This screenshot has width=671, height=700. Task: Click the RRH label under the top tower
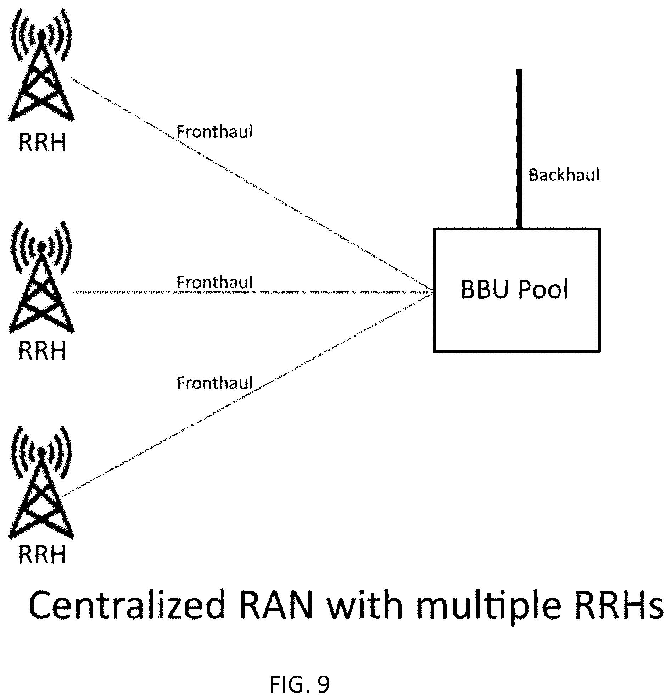coord(43,143)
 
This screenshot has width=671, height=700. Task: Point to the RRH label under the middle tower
coord(43,351)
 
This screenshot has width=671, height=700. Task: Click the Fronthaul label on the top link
coord(214,132)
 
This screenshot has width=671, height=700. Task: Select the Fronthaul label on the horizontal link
coord(214,282)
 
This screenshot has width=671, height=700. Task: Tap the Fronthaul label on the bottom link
coord(214,383)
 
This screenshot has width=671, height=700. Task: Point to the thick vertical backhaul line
coord(520,149)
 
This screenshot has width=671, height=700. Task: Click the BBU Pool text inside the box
coord(514,289)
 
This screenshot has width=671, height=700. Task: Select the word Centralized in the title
coord(127,605)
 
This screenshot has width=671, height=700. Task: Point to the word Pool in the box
coord(543,289)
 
